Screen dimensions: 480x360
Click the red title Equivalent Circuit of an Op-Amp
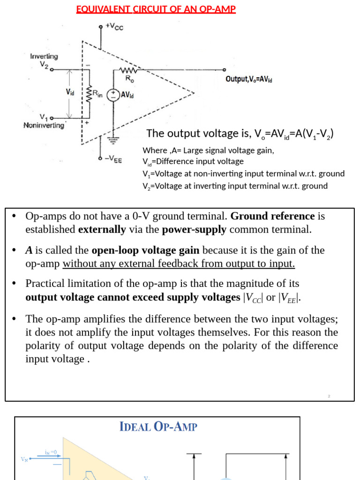click(156, 9)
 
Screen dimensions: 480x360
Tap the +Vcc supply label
click(114, 27)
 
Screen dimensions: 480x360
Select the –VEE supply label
click(113, 159)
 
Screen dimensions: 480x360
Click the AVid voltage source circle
click(113, 95)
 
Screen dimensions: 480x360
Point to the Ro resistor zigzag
click(127, 71)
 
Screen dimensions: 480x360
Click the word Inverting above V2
click(44, 56)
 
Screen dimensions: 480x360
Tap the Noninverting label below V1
click(44, 126)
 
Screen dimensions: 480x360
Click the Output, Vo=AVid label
click(249, 79)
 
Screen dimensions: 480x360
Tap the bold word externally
click(102, 230)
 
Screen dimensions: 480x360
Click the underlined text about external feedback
click(179, 263)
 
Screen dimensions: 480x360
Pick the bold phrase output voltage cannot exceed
click(132, 298)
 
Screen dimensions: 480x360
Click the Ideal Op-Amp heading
click(158, 427)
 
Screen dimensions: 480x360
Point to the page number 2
click(329, 397)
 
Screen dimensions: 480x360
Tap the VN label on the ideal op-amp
click(24, 459)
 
